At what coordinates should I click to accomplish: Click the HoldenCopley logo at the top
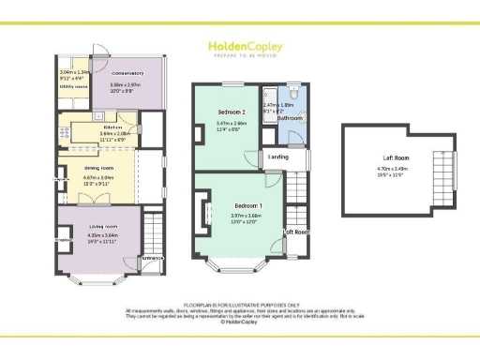[239, 47]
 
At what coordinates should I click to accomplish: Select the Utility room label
[74, 85]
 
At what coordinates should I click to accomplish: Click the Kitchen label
[113, 127]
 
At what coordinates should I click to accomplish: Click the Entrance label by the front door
[152, 258]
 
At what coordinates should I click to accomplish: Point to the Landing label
[277, 157]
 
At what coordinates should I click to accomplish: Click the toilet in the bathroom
[294, 94]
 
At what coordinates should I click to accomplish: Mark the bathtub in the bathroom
[269, 105]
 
